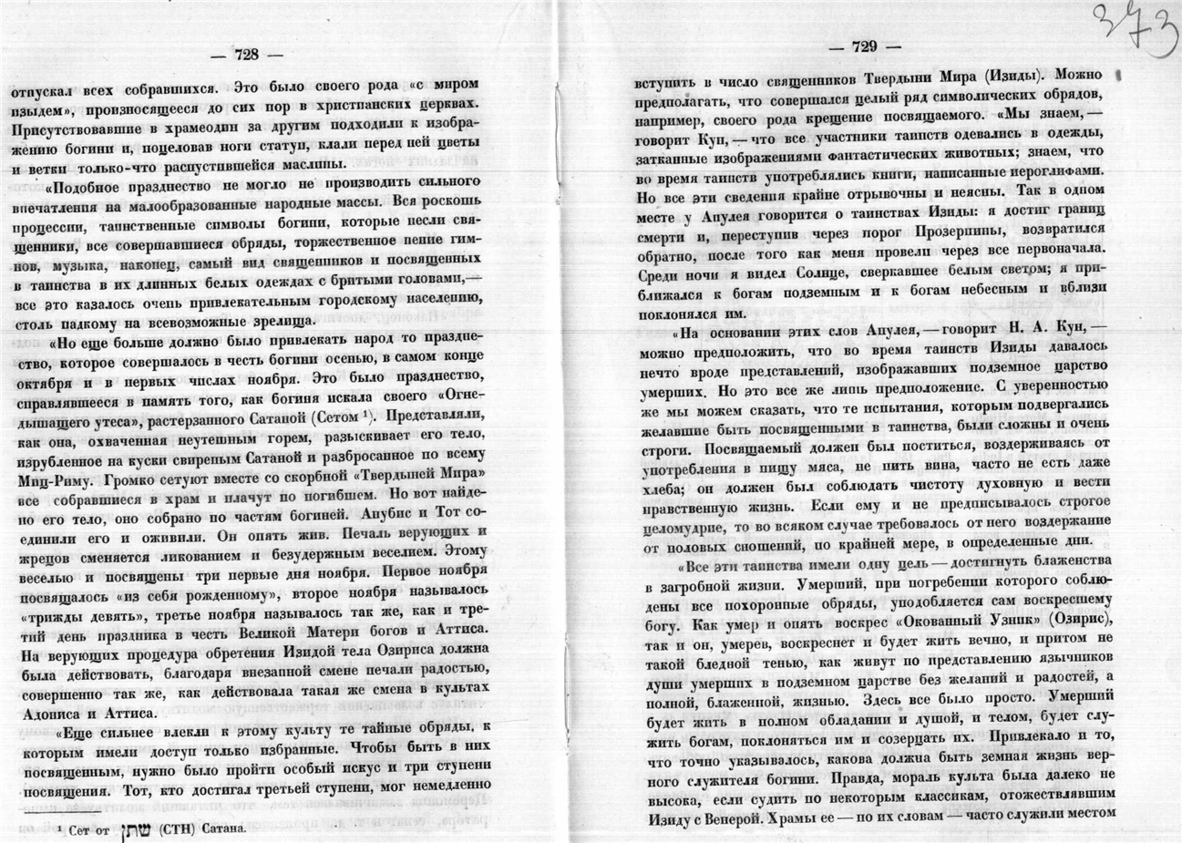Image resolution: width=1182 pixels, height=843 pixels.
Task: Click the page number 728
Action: tap(246, 55)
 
